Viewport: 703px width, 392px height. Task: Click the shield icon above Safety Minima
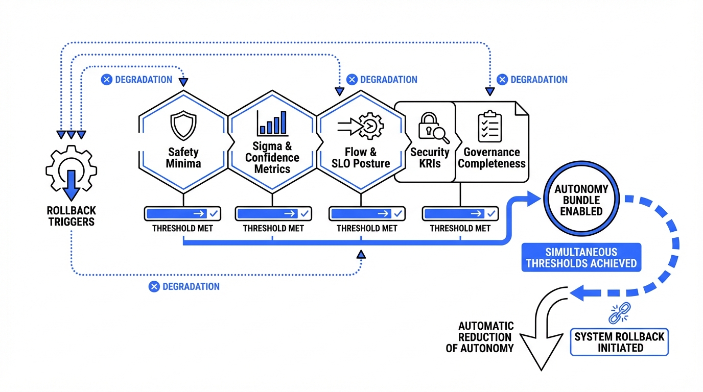[183, 127]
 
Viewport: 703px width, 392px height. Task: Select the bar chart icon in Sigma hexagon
[272, 123]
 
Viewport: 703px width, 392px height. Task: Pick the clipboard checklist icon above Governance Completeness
[489, 126]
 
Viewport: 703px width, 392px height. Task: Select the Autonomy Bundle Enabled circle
[578, 200]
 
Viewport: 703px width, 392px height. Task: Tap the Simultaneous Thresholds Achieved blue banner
[581, 258]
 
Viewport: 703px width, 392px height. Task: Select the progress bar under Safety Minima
[182, 213]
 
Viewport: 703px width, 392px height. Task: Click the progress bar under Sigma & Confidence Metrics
[273, 213]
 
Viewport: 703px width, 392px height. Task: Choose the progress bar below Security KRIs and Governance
[460, 213]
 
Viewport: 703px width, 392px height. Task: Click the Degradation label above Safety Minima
[136, 80]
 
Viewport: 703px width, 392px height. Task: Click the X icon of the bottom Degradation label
[154, 287]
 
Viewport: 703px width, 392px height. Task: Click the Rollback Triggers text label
[71, 216]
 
